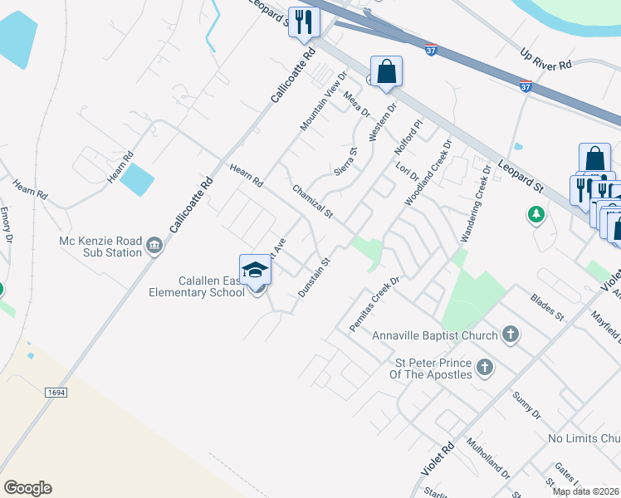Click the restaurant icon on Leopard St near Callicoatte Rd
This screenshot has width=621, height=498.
303,22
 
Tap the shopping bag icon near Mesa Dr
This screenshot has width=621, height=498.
386,71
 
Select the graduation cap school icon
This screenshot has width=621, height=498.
256,270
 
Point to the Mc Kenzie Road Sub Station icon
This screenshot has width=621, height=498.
154,247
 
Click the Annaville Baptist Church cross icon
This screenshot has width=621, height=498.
510,335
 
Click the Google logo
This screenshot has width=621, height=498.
27,488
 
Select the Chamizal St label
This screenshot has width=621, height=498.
312,203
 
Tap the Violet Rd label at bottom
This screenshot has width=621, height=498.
438,458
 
